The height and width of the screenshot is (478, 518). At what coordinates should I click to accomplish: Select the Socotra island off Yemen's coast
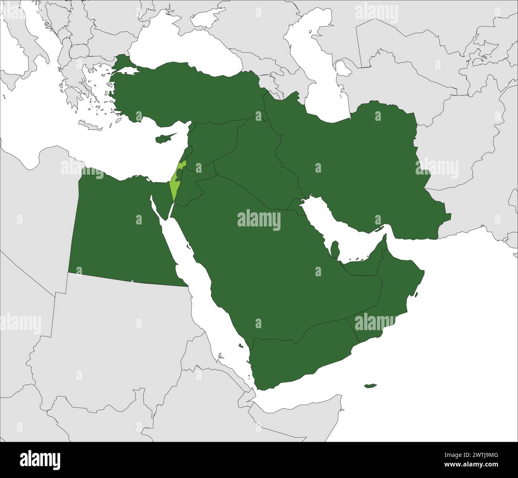tap(370, 386)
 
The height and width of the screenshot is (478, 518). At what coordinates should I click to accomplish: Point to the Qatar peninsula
tap(335, 249)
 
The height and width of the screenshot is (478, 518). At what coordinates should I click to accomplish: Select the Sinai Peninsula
tap(161, 195)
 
